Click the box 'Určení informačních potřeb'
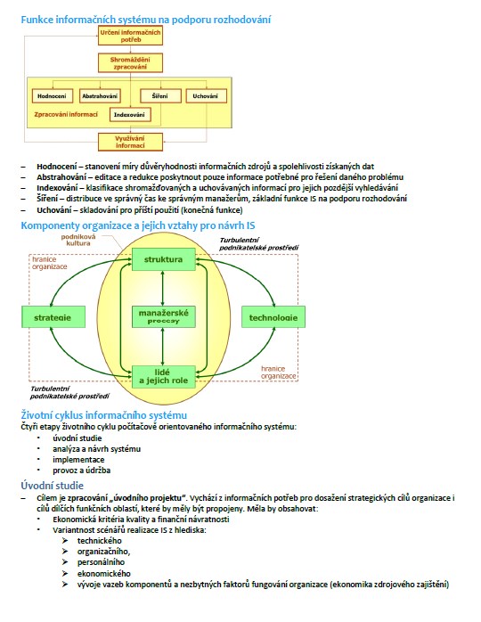click(130, 36)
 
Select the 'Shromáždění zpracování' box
click(130, 63)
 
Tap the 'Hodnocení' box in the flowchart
click(53, 96)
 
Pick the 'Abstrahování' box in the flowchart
click(100, 96)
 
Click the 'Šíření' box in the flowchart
click(160, 96)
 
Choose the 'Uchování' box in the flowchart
click(206, 96)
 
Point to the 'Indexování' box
click(130, 115)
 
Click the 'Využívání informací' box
click(130, 142)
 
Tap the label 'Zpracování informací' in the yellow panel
click(66, 115)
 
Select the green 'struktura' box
click(163, 259)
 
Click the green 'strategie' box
click(53, 317)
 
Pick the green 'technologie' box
click(273, 317)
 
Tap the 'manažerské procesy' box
click(163, 316)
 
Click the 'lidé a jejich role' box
click(163, 376)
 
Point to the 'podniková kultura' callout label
click(78, 240)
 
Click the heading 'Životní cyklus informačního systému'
click(104, 415)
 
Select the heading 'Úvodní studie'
click(52, 486)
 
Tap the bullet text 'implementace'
click(78, 460)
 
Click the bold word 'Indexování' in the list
click(57, 188)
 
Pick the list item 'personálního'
click(101, 562)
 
